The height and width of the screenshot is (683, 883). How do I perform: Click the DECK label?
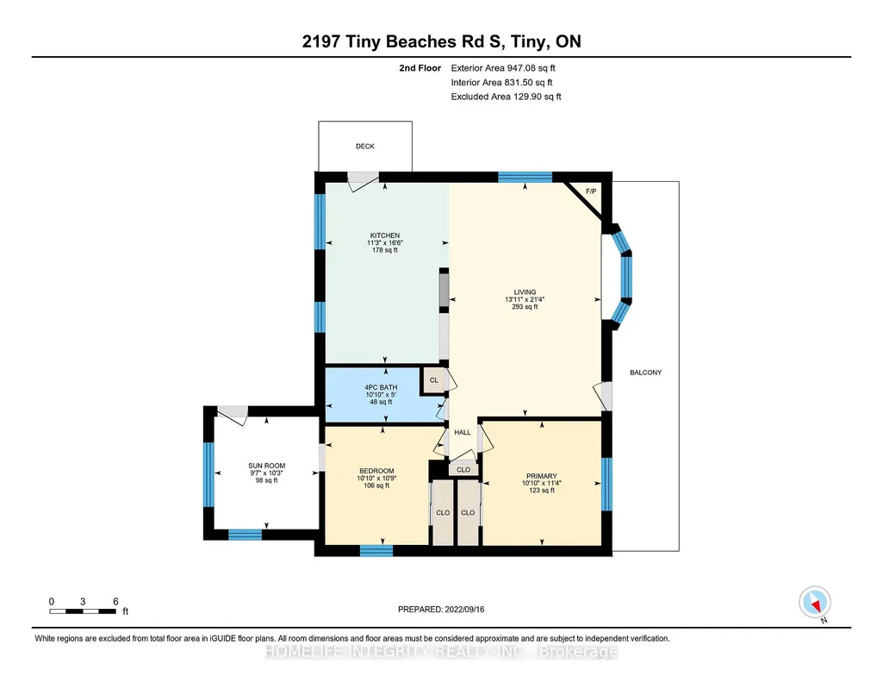pyautogui.click(x=365, y=147)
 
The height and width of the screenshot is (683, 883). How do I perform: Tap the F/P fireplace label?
pyautogui.click(x=591, y=191)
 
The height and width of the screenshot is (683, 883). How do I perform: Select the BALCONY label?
pyautogui.click(x=645, y=373)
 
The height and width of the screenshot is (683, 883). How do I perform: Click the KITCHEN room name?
pyautogui.click(x=384, y=235)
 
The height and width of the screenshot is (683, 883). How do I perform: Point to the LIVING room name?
pyautogui.click(x=525, y=292)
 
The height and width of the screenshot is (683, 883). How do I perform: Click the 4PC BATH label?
pyautogui.click(x=381, y=388)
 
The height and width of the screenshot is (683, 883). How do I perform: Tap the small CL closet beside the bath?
pyautogui.click(x=433, y=380)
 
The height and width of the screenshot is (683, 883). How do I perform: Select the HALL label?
pyautogui.click(x=463, y=433)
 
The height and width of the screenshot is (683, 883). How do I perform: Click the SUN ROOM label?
pyautogui.click(x=267, y=466)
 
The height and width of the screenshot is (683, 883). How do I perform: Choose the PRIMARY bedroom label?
pyautogui.click(x=542, y=476)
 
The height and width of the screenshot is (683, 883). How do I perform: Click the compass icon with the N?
pyautogui.click(x=815, y=603)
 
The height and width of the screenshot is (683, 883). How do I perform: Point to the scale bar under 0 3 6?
pyautogui.click(x=83, y=611)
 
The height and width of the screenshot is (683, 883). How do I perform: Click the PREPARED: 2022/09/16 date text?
pyautogui.click(x=441, y=609)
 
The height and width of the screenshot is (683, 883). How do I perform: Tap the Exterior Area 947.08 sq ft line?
pyautogui.click(x=503, y=68)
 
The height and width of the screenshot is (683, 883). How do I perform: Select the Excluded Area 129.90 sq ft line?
pyautogui.click(x=506, y=97)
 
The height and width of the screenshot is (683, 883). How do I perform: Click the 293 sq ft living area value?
pyautogui.click(x=525, y=307)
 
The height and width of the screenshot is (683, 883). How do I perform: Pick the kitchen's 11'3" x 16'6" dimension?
pyautogui.click(x=384, y=243)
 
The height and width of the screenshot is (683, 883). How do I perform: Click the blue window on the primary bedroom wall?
pyautogui.click(x=606, y=484)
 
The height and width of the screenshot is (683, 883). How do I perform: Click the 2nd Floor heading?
pyautogui.click(x=420, y=68)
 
